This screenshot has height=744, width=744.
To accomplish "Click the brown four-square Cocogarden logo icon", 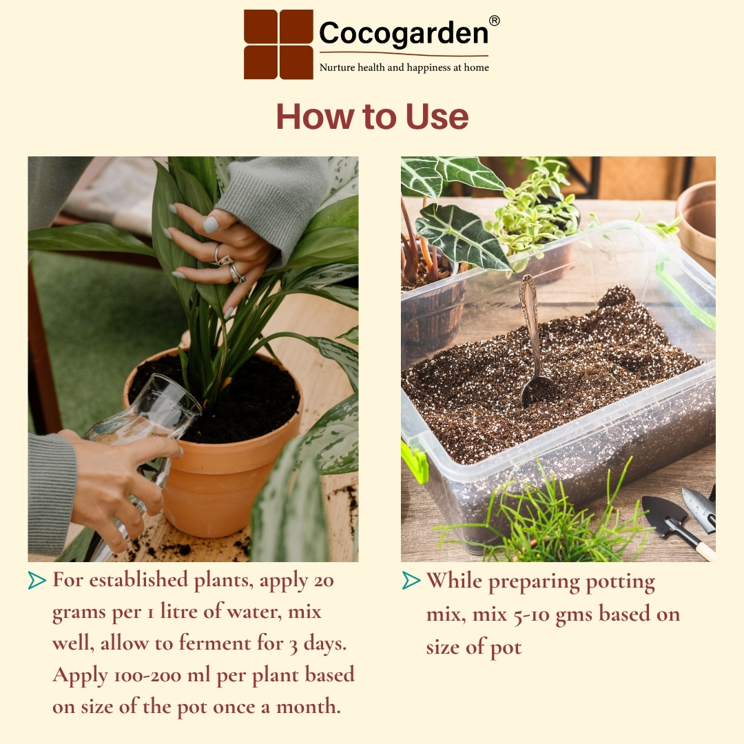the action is (x=278, y=44).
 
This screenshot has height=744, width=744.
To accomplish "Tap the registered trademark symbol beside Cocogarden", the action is (x=494, y=21).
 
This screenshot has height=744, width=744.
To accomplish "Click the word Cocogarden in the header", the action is (x=403, y=33).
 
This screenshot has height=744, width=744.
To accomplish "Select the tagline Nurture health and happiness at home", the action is (x=404, y=68).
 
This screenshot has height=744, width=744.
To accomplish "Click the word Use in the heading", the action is (x=437, y=116).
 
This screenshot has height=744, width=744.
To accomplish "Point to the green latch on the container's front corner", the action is (x=414, y=461).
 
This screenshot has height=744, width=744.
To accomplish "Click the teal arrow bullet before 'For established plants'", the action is (x=37, y=580).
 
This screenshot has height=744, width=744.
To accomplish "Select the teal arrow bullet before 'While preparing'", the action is (x=411, y=580).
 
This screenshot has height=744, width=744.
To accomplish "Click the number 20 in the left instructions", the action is (x=324, y=581).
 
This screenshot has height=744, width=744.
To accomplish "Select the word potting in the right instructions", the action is (x=620, y=582).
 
